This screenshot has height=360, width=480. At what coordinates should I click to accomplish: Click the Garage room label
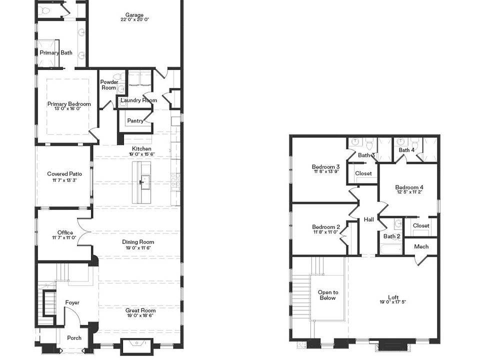pos(134,15)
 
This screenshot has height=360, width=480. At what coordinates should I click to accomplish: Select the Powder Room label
pos(109,85)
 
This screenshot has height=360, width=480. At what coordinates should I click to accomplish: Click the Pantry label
pos(135,120)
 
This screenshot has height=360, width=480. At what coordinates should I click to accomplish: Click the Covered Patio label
pos(64,174)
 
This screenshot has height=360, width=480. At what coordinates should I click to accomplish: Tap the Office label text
pos(65,232)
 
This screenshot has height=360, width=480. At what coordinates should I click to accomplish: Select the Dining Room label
pos(138,242)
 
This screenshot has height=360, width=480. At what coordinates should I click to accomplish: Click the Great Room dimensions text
pos(140,316)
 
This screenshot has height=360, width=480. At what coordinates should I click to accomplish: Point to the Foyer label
pos(72,302)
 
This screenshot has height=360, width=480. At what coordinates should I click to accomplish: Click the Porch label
pos(74,338)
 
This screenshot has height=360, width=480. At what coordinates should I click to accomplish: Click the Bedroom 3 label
pos(325,167)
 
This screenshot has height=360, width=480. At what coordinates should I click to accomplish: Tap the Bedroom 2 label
pos(325,227)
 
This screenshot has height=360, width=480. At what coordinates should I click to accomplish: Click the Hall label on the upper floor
pos(368,219)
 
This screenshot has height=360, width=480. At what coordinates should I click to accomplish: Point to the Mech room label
pos(421,246)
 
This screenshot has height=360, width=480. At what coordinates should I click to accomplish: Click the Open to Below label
pos(328,295)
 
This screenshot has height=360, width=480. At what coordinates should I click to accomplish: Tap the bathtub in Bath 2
pos(390,248)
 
